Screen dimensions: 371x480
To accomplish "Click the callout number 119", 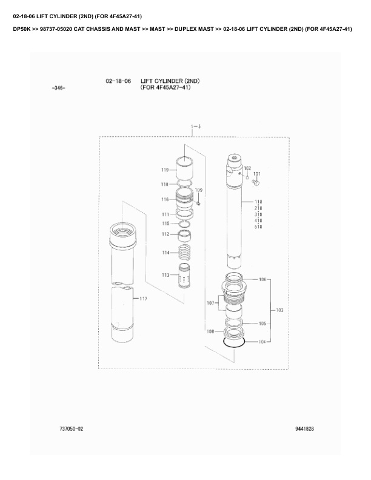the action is [165, 170].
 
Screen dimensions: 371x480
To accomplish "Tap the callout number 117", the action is [143, 299].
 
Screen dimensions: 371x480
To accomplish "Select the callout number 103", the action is [280, 310].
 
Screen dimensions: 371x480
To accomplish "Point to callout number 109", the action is [199, 190].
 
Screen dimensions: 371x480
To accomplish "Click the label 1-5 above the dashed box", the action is [196, 127].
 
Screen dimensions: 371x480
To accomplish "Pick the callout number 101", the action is [257, 174].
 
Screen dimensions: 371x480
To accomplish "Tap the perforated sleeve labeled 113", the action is [184, 276].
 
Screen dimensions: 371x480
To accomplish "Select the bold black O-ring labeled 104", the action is [234, 343].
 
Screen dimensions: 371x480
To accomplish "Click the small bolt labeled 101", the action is [256, 182].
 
